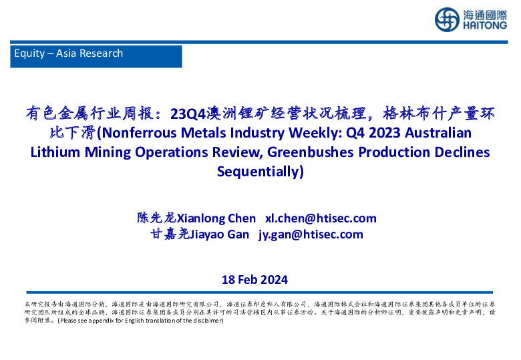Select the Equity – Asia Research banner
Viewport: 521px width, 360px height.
[98, 55]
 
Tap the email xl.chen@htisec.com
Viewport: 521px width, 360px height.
[321, 218]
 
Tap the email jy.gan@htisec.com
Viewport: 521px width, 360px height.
[311, 234]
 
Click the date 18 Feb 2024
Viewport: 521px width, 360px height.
[254, 280]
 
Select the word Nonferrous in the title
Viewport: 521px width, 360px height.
[142, 133]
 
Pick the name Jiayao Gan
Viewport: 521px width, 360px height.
[220, 234]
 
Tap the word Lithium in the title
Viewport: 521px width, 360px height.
[55, 152]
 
